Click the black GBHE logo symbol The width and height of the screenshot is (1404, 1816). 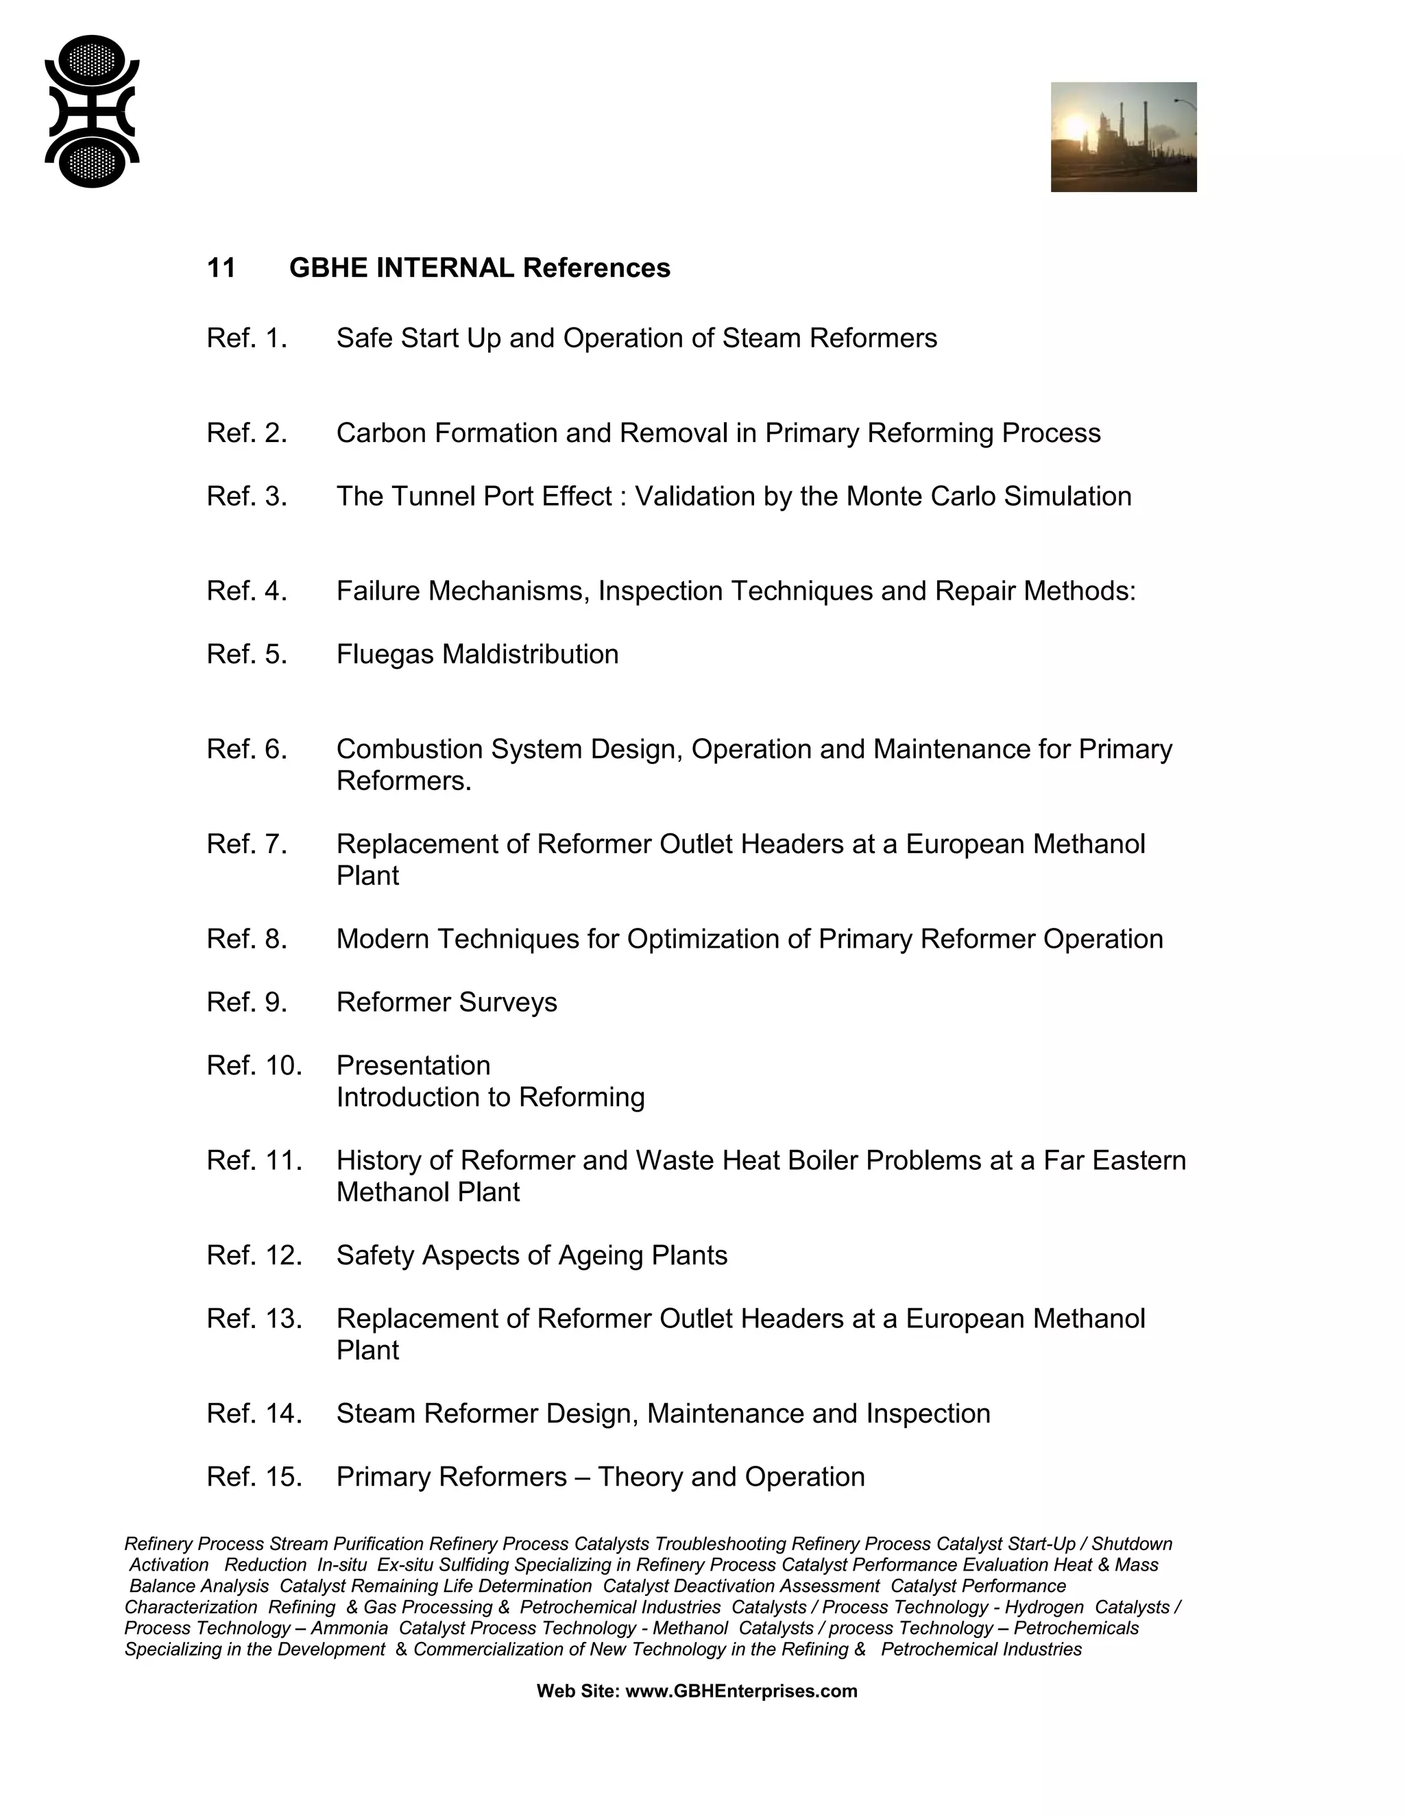coord(91,112)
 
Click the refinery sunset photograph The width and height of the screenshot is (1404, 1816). coord(1123,137)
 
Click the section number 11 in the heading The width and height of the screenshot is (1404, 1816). coord(221,268)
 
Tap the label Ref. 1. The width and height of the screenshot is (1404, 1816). coord(246,339)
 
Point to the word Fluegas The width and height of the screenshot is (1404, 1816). coord(385,654)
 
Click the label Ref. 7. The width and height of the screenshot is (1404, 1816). coord(246,844)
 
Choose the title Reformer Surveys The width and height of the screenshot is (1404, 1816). coord(447,1002)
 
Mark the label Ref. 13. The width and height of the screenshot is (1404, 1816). coord(254,1318)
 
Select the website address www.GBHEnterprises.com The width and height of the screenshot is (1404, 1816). coord(740,1691)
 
